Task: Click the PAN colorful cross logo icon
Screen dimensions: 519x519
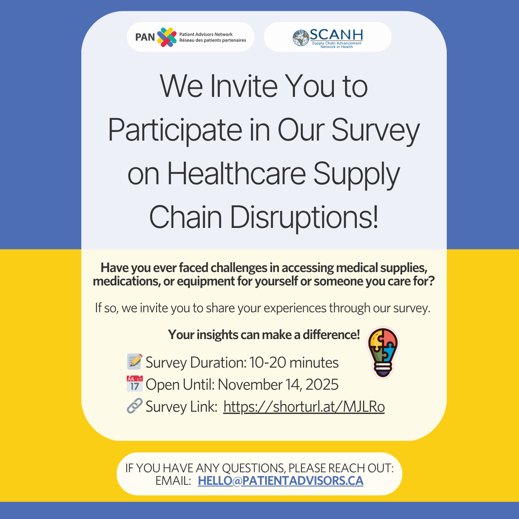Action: pos(167,37)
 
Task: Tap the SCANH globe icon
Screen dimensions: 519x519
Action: pos(301,38)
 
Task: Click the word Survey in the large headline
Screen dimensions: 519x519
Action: pos(375,130)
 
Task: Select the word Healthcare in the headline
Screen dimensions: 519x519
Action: pos(237,173)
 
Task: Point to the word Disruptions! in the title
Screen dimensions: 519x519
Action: pos(304,217)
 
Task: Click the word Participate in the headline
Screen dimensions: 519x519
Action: pos(175,130)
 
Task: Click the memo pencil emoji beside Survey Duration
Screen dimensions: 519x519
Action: pos(135,362)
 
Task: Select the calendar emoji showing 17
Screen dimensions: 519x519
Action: pos(135,384)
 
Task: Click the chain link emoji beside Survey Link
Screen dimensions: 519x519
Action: pos(135,406)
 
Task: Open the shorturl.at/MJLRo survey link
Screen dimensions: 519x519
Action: pos(304,407)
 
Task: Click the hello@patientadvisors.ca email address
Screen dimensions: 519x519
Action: pos(280,481)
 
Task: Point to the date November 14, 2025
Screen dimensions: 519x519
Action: pos(278,384)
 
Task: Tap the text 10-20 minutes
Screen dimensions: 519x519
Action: pos(294,362)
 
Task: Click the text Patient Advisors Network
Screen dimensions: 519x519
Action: pos(206,34)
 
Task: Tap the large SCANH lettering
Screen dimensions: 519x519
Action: pos(336,35)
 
